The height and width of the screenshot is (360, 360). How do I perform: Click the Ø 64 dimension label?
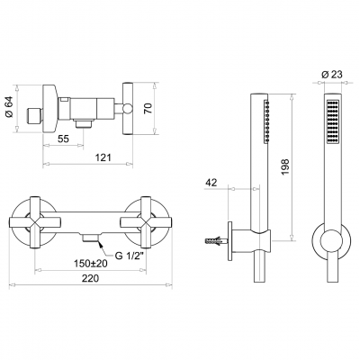[9, 107]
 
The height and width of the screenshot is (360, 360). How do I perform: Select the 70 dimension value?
[148, 108]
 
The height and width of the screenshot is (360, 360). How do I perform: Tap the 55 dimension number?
[63, 139]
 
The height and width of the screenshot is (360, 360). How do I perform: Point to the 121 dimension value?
[103, 157]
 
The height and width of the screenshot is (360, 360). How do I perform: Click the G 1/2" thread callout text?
[129, 256]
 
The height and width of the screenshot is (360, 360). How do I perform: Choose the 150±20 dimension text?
[91, 264]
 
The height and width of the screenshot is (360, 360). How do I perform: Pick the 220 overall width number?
[90, 278]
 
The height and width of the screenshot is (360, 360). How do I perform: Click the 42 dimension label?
[211, 183]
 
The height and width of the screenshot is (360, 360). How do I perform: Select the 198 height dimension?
[285, 167]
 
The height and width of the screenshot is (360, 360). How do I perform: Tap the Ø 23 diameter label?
[332, 75]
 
